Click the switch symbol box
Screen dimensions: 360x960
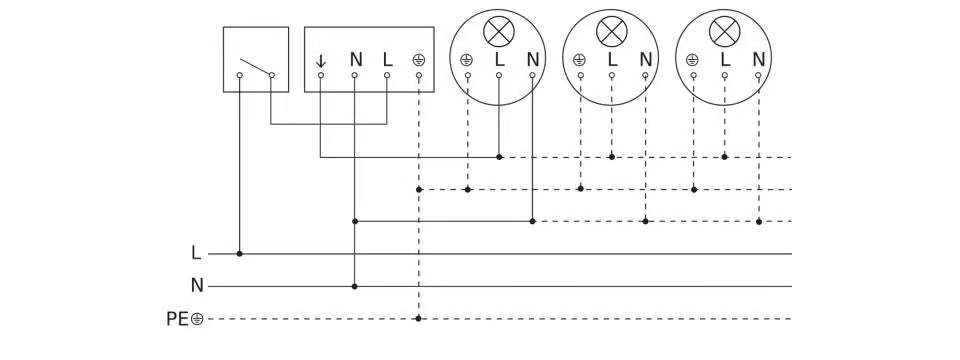coord(255,60)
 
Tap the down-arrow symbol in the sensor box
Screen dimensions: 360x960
coord(321,60)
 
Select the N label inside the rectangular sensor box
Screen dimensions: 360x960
coord(355,59)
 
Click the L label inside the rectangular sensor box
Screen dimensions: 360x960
coord(388,59)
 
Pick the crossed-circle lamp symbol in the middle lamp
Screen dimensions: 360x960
coord(610,32)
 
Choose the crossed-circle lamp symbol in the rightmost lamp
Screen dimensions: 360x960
coord(723,32)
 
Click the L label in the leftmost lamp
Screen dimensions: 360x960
coord(499,59)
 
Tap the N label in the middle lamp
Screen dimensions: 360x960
coord(645,59)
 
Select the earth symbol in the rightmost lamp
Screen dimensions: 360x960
coord(692,60)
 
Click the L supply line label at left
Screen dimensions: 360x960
coord(196,254)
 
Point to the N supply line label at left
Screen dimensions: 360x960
coord(197,286)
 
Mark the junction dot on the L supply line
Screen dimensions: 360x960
coord(240,254)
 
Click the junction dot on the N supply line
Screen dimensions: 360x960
coord(355,286)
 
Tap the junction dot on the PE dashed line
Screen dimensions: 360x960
coord(418,319)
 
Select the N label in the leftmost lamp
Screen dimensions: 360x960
coord(532,59)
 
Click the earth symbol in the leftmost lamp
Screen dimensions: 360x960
coord(466,60)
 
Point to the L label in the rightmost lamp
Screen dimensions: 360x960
coord(725,59)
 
